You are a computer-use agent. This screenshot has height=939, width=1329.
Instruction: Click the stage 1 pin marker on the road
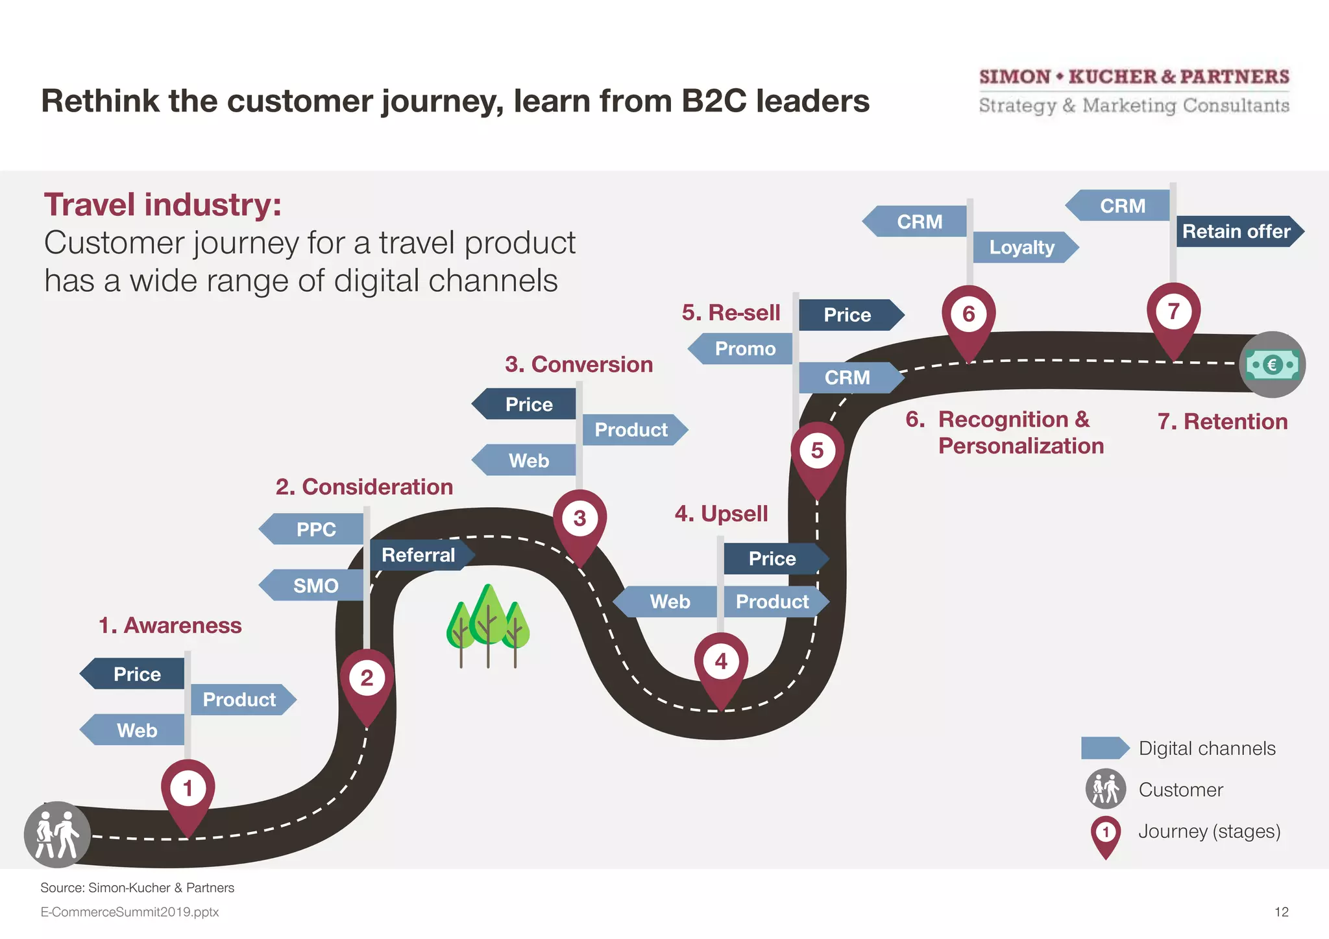(x=188, y=792)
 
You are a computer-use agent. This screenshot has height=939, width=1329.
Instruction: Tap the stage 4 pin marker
(x=721, y=665)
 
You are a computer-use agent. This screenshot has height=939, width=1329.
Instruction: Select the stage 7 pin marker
(x=1173, y=315)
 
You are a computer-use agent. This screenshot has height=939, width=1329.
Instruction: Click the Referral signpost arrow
(x=421, y=555)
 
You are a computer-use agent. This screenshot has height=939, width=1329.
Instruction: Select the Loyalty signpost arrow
(x=1023, y=247)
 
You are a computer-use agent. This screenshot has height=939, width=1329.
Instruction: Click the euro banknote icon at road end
(x=1272, y=364)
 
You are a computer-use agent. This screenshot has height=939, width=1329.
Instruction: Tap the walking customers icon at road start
(x=57, y=834)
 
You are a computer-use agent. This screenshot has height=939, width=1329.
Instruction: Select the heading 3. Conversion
(x=579, y=364)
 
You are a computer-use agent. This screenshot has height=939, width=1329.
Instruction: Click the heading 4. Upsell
(x=721, y=514)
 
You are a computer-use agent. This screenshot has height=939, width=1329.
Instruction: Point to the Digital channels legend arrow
(x=1104, y=748)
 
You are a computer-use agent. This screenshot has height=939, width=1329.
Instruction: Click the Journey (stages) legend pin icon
(x=1105, y=835)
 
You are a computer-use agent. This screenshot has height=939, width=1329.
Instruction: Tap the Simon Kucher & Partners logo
(x=1134, y=91)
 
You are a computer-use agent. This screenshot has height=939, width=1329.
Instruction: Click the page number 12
(x=1281, y=912)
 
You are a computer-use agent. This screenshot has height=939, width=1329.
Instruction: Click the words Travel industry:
(x=163, y=205)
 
